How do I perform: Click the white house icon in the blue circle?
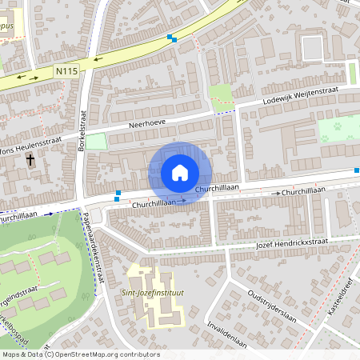click(180, 173)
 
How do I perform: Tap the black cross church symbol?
click(30, 160)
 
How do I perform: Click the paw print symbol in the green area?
click(337, 126)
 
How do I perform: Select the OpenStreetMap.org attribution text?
click(112, 354)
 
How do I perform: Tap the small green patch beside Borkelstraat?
click(96, 142)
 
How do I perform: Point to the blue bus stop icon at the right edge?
click(357, 170)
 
